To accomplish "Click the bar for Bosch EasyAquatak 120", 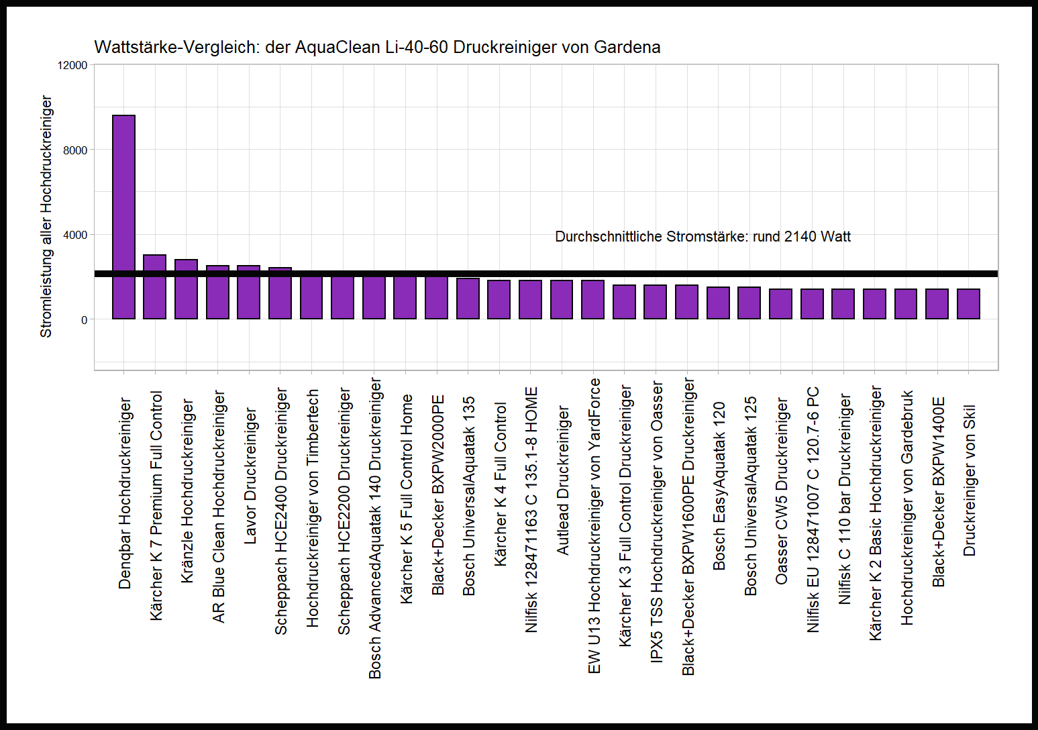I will pos(718,303).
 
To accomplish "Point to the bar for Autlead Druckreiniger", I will pos(562,299).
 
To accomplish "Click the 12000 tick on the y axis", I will pos(72,65).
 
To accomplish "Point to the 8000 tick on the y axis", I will pos(75,150).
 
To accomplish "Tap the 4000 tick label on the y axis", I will pos(75,235).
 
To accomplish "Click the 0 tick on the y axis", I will pos(84,320).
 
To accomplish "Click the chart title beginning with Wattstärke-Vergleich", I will pos(377,47).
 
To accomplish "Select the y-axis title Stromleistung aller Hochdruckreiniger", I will pos(46,216).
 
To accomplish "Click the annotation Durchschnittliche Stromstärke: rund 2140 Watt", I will pos(703,237).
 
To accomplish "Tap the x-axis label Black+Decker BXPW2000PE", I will pos(437,495).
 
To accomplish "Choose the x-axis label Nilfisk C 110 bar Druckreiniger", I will pos(845,499).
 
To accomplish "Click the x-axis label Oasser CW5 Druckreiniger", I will pos(782,490).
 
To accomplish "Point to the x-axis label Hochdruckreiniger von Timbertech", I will pos(312,509).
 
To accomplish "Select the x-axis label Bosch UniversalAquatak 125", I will pos(750,496).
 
